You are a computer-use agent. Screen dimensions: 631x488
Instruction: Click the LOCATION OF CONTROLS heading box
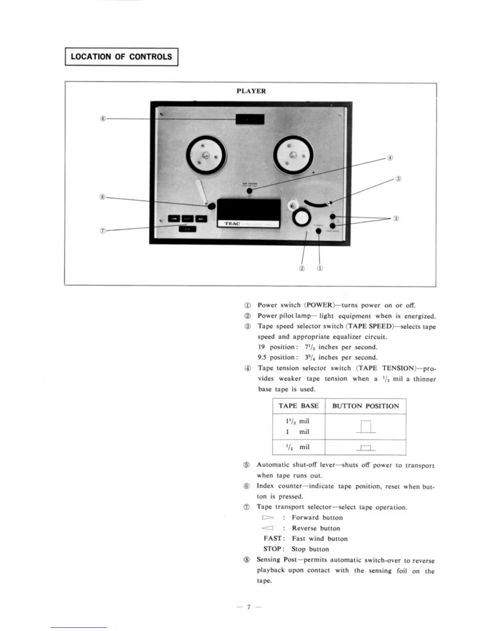pyautogui.click(x=121, y=57)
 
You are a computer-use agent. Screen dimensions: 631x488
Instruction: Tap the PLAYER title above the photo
pyautogui.click(x=251, y=91)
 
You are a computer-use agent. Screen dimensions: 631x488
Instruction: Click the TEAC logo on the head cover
pyautogui.click(x=232, y=223)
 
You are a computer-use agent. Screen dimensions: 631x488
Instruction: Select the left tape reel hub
pyautogui.click(x=206, y=156)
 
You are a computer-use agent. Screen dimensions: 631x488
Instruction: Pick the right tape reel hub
pyautogui.click(x=293, y=155)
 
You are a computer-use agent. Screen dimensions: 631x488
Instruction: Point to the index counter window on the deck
pyautogui.click(x=250, y=119)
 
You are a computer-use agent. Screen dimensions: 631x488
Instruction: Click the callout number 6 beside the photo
pyautogui.click(x=103, y=119)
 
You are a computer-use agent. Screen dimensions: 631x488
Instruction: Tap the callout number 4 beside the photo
pyautogui.click(x=390, y=158)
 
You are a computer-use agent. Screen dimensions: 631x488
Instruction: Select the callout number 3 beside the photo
pyautogui.click(x=396, y=218)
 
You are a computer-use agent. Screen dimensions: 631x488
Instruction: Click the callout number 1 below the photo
pyautogui.click(x=320, y=268)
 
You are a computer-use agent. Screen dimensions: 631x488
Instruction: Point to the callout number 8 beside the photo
pyautogui.click(x=103, y=197)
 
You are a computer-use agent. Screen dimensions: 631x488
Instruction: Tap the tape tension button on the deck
pyautogui.click(x=250, y=190)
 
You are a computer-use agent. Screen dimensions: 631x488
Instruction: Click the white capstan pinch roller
pyautogui.click(x=302, y=218)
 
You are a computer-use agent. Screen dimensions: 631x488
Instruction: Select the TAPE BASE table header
pyautogui.click(x=298, y=406)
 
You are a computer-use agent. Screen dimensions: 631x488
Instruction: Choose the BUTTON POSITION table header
pyautogui.click(x=365, y=406)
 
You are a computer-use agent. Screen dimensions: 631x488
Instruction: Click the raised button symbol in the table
pyautogui.click(x=366, y=427)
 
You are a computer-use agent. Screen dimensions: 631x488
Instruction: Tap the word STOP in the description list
pyautogui.click(x=273, y=549)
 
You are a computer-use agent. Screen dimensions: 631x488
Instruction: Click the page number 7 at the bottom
pyautogui.click(x=248, y=607)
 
